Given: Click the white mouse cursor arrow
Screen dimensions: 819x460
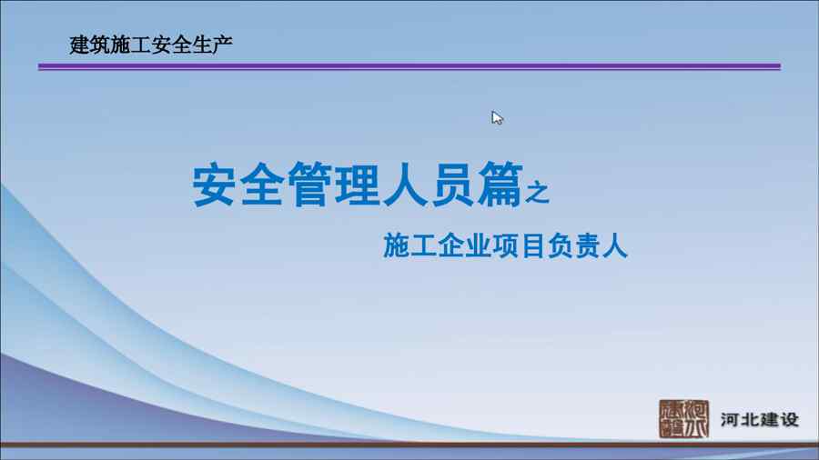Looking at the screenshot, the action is (x=497, y=118).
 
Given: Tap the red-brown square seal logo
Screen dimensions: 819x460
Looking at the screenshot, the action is (x=683, y=419).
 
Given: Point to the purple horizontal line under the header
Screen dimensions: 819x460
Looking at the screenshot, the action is (x=409, y=66).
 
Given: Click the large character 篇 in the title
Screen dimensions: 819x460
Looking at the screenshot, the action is (x=500, y=185).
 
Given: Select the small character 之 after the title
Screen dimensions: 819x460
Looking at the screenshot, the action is (x=538, y=192).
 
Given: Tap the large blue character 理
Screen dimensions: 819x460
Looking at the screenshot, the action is (x=358, y=185).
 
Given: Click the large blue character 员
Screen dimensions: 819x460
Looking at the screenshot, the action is (x=452, y=185).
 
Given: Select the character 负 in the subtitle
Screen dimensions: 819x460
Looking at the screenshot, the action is (x=561, y=245).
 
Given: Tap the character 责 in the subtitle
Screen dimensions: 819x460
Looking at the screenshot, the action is (x=588, y=245).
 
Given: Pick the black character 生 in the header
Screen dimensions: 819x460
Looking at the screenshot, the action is (x=202, y=45).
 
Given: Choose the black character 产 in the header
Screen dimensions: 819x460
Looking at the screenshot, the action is (x=222, y=45).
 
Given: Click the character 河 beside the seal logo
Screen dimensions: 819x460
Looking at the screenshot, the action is (x=731, y=419).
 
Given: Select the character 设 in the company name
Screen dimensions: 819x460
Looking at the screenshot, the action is (x=789, y=419).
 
